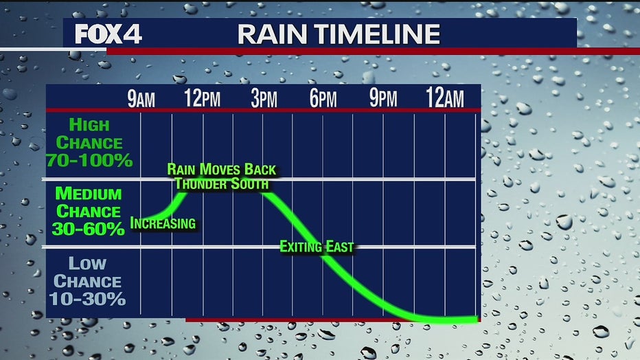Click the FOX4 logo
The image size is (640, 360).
(108, 34)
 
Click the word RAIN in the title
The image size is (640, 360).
(272, 34)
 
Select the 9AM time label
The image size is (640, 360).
(141, 98)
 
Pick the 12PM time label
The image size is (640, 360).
(202, 98)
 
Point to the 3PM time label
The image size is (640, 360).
(264, 98)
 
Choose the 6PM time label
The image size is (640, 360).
(323, 98)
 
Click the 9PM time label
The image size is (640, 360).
(383, 98)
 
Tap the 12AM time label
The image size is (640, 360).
(444, 98)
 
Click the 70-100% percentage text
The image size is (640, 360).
(89, 160)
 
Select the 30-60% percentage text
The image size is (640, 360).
(88, 229)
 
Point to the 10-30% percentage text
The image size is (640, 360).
(87, 299)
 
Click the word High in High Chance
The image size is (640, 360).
(89, 125)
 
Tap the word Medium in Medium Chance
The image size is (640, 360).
(89, 194)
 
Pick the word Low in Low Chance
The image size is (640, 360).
(87, 263)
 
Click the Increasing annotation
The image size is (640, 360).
(163, 223)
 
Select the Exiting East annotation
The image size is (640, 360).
(317, 247)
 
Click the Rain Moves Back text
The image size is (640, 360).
(222, 169)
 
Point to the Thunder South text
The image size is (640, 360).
(222, 183)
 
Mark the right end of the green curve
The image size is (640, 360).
(477, 319)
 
